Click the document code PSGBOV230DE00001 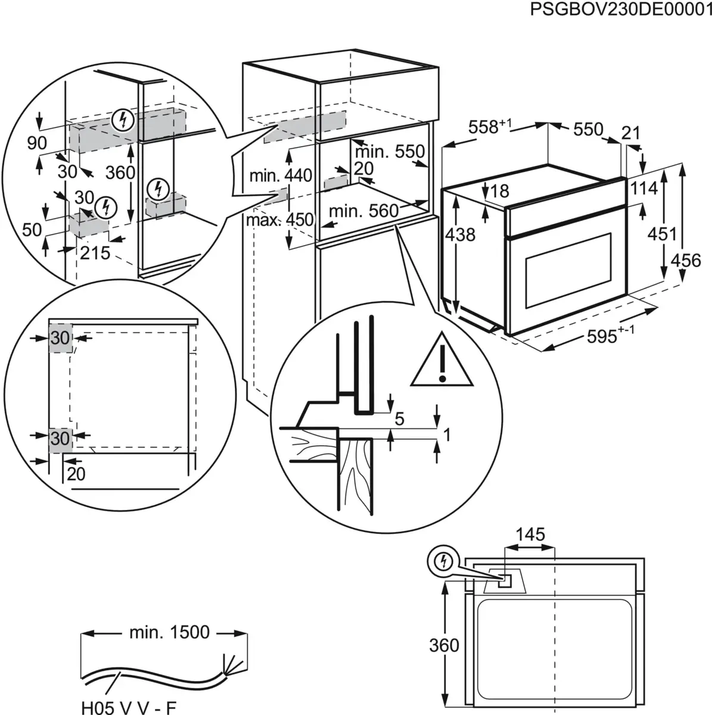(x=620, y=11)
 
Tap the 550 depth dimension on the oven (x=588, y=129)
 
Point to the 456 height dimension (x=686, y=260)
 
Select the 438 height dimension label (x=461, y=235)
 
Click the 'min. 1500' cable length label (x=169, y=632)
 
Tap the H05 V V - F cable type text (x=129, y=707)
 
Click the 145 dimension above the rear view (x=530, y=534)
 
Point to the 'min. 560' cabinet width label (x=363, y=211)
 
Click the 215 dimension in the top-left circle (x=95, y=253)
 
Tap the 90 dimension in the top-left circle (x=36, y=143)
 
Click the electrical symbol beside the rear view (x=442, y=561)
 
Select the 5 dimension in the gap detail (x=399, y=419)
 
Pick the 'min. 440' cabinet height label (x=280, y=176)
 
